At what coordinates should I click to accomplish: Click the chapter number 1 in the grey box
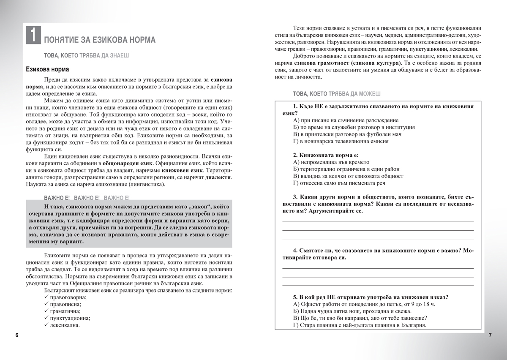pos(33,35)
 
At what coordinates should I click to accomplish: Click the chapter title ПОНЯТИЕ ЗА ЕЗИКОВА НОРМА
pos(100,40)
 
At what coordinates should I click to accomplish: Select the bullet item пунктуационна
pos(68,319)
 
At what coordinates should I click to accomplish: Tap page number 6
pos(17,335)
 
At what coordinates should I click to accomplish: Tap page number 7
pos(490,335)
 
